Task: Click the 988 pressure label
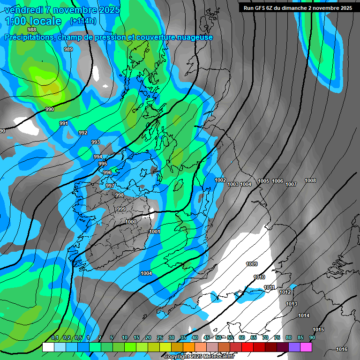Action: [32, 30]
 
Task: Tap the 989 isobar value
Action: [68, 49]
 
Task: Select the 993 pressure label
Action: [96, 142]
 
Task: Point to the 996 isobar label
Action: [107, 172]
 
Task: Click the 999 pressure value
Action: [121, 209]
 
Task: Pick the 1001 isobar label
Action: [155, 232]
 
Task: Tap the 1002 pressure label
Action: [220, 180]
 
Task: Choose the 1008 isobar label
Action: [310, 180]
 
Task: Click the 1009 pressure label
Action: [252, 264]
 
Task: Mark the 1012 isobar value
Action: [285, 292]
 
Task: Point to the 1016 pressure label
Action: [342, 349]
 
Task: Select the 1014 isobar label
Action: [304, 315]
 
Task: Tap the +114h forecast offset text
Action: [83, 21]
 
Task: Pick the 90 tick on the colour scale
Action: [312, 338]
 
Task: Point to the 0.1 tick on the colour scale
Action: [55, 338]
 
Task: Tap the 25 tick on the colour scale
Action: [160, 338]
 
